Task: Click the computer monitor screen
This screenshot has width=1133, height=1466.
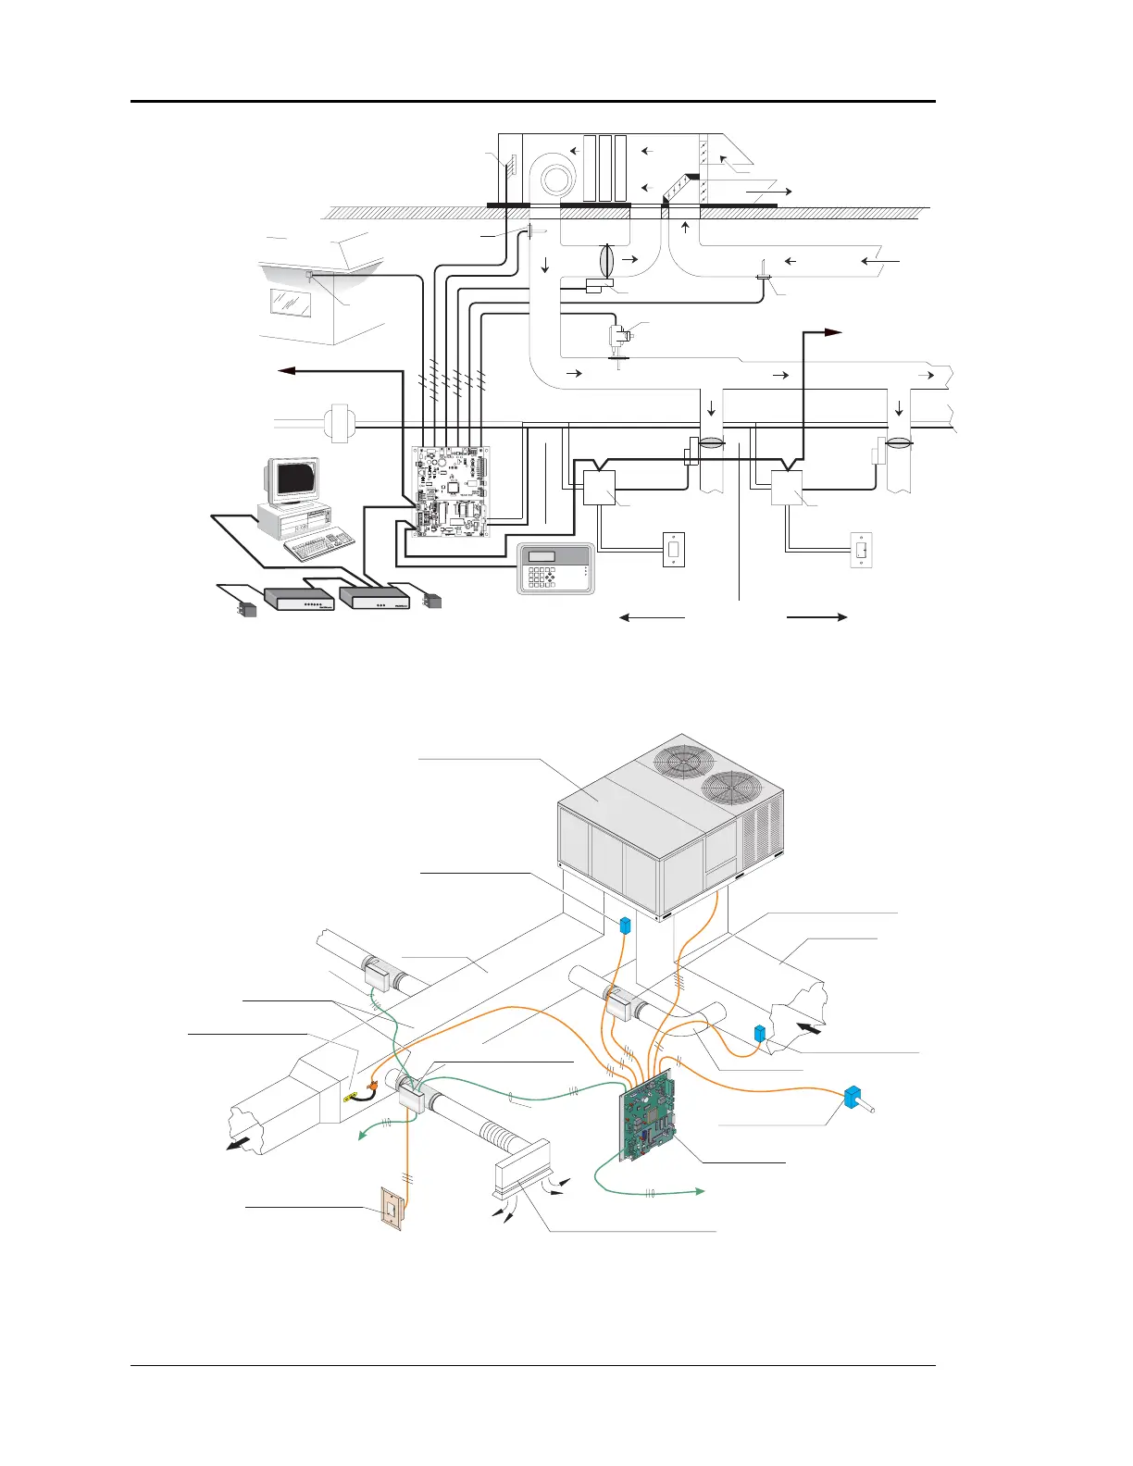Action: click(295, 478)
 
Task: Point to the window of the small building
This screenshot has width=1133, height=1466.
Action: click(289, 301)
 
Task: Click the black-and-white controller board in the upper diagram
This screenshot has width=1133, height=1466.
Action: click(451, 491)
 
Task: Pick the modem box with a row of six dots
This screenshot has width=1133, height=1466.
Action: click(298, 600)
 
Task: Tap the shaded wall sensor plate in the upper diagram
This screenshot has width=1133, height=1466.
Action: click(673, 550)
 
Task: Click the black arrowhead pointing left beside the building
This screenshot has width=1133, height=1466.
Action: click(285, 370)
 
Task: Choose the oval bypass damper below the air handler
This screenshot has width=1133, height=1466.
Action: click(607, 260)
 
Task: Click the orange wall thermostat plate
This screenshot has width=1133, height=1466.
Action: click(392, 1211)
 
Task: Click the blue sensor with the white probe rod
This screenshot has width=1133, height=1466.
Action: click(853, 1098)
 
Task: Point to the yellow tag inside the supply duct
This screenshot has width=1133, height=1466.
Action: click(352, 1099)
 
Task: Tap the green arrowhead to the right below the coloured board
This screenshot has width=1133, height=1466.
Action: click(701, 1192)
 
